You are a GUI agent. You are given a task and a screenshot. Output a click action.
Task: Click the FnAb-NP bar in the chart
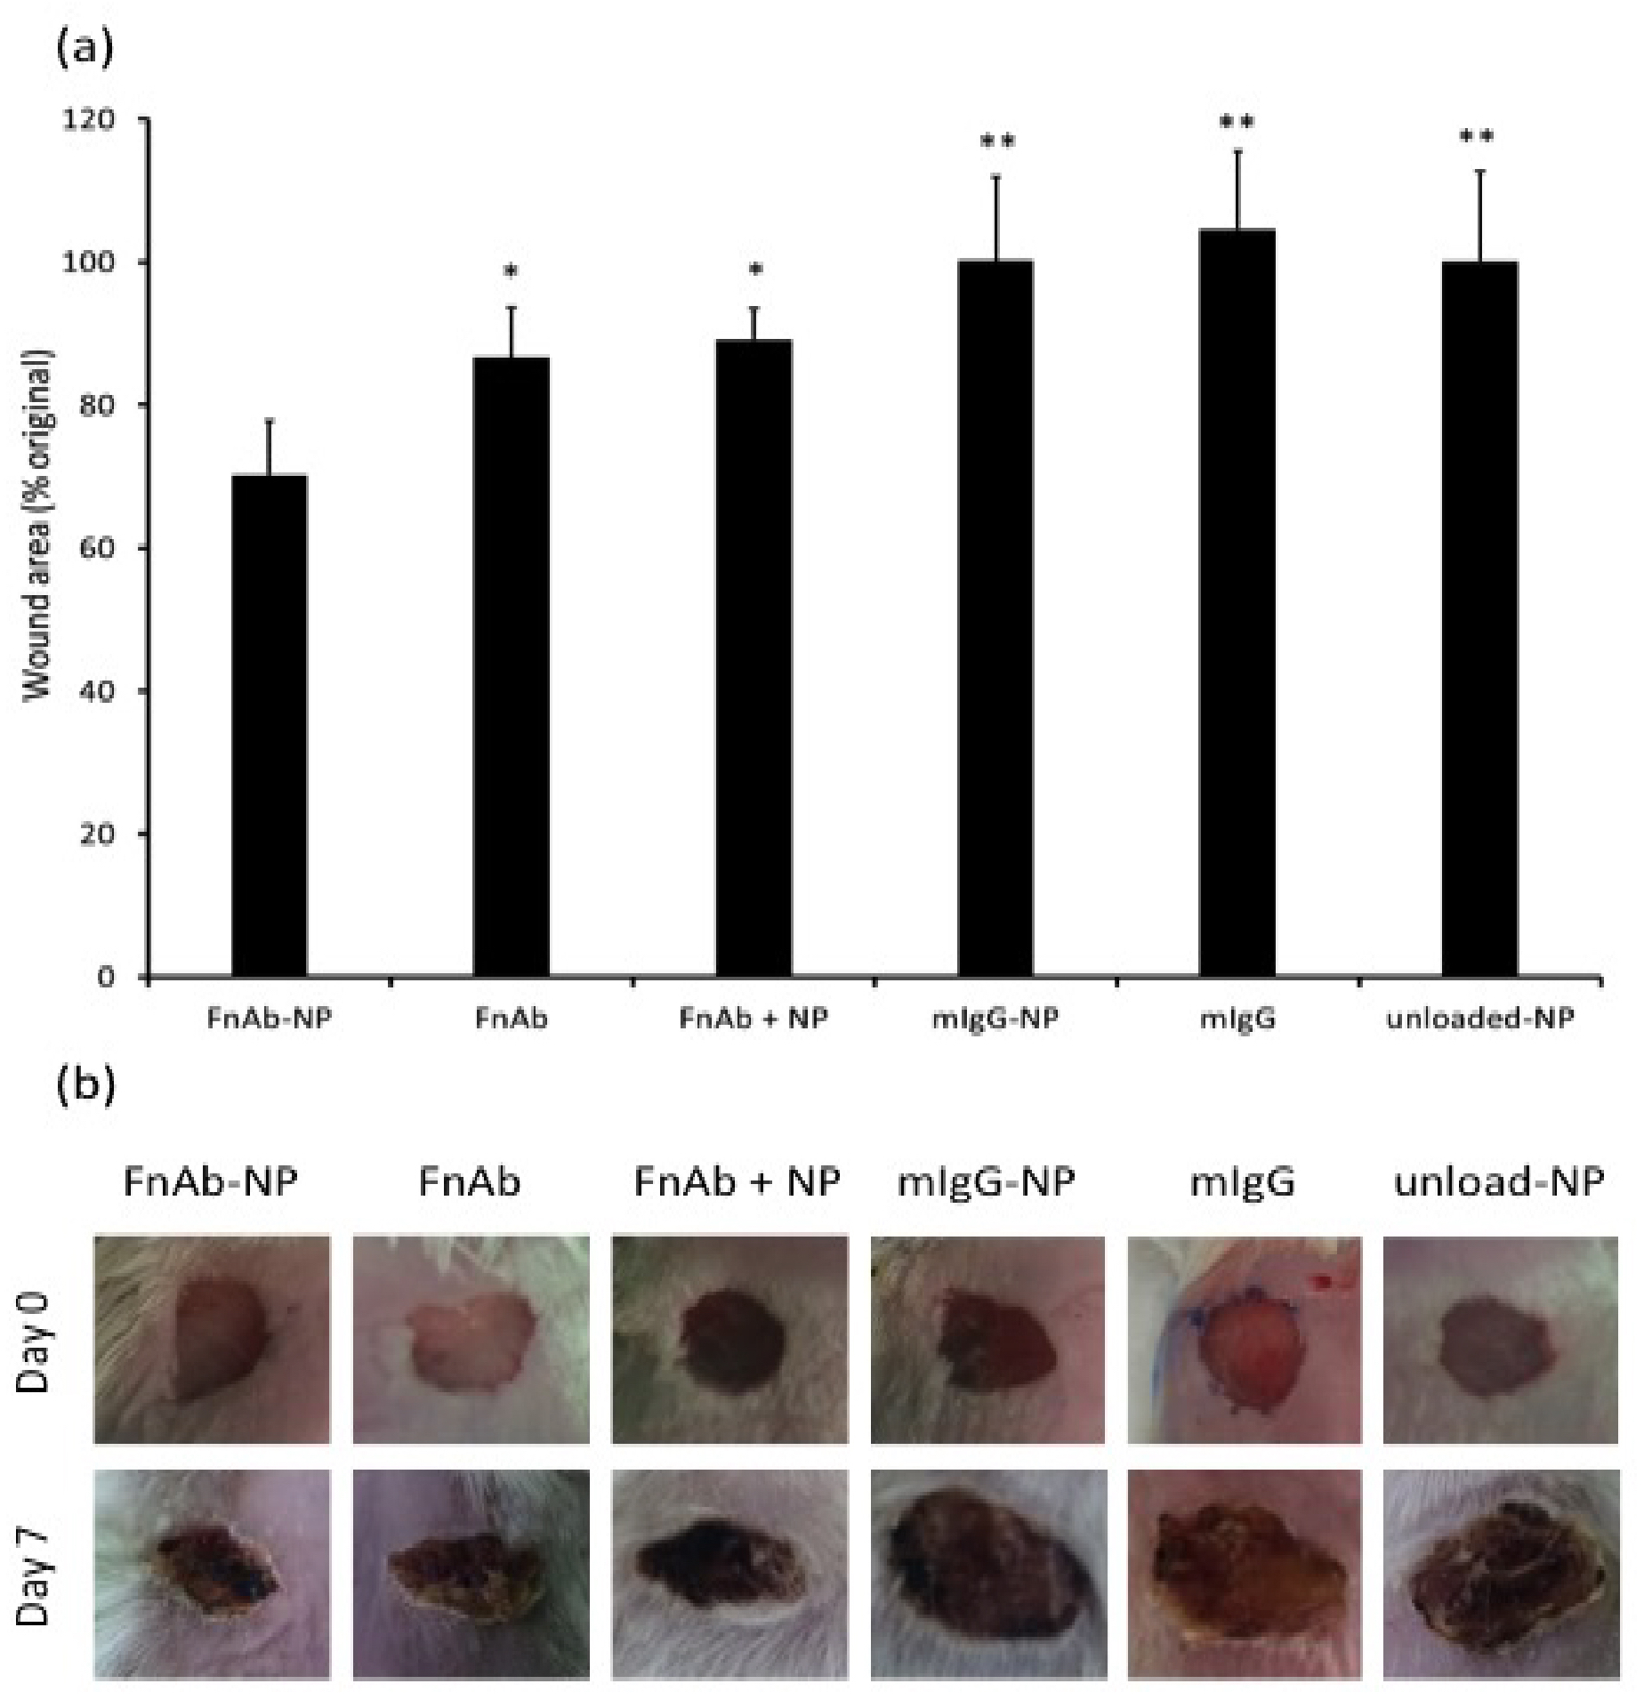(269, 726)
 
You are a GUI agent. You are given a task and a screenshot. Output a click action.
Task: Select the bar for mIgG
(1237, 603)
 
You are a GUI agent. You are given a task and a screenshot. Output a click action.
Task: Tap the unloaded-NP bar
(1479, 619)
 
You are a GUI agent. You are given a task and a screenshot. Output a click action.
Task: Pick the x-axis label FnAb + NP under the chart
(753, 1017)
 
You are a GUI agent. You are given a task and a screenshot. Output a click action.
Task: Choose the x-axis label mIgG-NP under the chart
(995, 1017)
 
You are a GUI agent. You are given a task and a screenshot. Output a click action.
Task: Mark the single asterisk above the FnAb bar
(511, 270)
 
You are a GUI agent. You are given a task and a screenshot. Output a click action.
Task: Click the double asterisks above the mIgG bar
(1237, 122)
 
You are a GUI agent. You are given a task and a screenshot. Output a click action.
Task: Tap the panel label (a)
(85, 49)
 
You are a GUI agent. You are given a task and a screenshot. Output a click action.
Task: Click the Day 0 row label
(36, 1337)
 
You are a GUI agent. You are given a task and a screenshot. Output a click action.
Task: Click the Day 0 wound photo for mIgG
(1244, 1339)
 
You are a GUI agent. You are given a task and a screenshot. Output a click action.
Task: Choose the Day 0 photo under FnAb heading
(471, 1339)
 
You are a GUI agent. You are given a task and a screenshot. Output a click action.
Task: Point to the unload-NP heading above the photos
(1499, 1182)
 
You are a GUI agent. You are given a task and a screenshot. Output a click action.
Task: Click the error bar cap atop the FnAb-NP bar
(269, 420)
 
